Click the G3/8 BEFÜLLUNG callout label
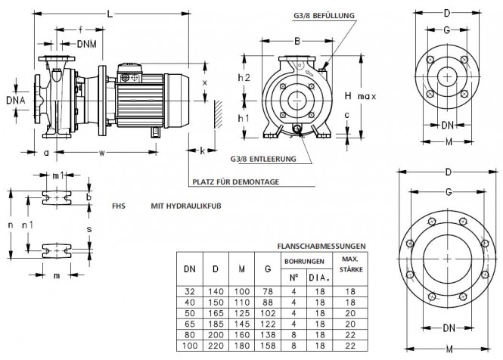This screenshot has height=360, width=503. [x=324, y=15]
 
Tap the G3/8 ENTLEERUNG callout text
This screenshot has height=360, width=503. [x=263, y=159]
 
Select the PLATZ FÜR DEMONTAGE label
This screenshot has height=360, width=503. [x=236, y=182]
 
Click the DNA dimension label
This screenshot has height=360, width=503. [x=15, y=101]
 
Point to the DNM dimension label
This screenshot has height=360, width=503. [x=87, y=44]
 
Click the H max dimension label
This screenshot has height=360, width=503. [x=360, y=95]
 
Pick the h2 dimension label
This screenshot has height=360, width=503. [x=244, y=78]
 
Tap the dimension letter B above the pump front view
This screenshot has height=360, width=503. [x=297, y=41]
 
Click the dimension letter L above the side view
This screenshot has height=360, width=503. [x=110, y=14]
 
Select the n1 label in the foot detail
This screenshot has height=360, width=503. [x=27, y=225]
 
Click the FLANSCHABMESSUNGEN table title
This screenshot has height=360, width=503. [x=321, y=246]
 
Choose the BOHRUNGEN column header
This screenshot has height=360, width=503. [x=304, y=262]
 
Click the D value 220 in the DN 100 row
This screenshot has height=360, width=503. [x=216, y=346]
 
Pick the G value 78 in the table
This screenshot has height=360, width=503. [x=268, y=291]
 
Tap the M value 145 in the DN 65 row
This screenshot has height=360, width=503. [x=241, y=324]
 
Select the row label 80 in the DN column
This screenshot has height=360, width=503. [x=190, y=335]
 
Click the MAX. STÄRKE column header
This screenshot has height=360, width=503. [x=351, y=264]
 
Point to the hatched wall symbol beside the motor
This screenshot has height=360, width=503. [x=218, y=114]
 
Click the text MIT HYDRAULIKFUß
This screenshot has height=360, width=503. [x=186, y=206]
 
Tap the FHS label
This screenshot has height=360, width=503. [x=119, y=206]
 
